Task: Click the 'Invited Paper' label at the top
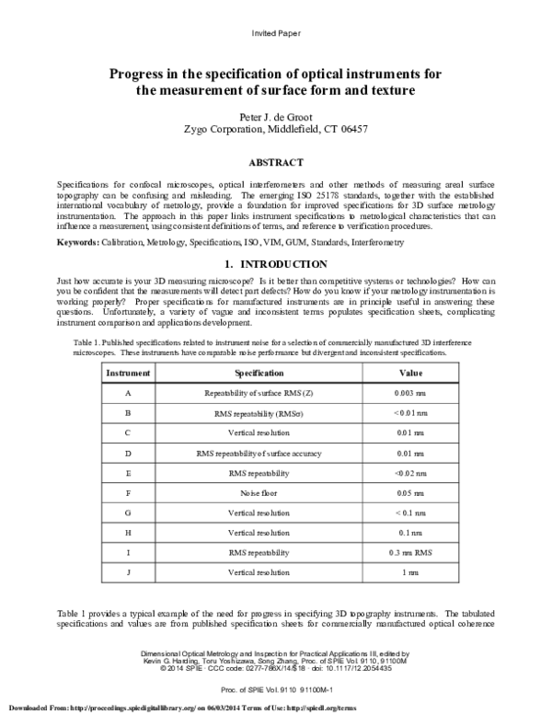(275, 33)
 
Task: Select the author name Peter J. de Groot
(275, 117)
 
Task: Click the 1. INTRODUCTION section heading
(275, 263)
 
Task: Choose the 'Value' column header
(409, 374)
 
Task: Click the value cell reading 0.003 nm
(409, 393)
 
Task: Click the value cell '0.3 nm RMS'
(409, 552)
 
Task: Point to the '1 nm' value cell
(409, 573)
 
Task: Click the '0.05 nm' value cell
(409, 493)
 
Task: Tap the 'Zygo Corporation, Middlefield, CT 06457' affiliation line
(275, 130)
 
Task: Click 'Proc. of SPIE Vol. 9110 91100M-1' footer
(275, 687)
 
